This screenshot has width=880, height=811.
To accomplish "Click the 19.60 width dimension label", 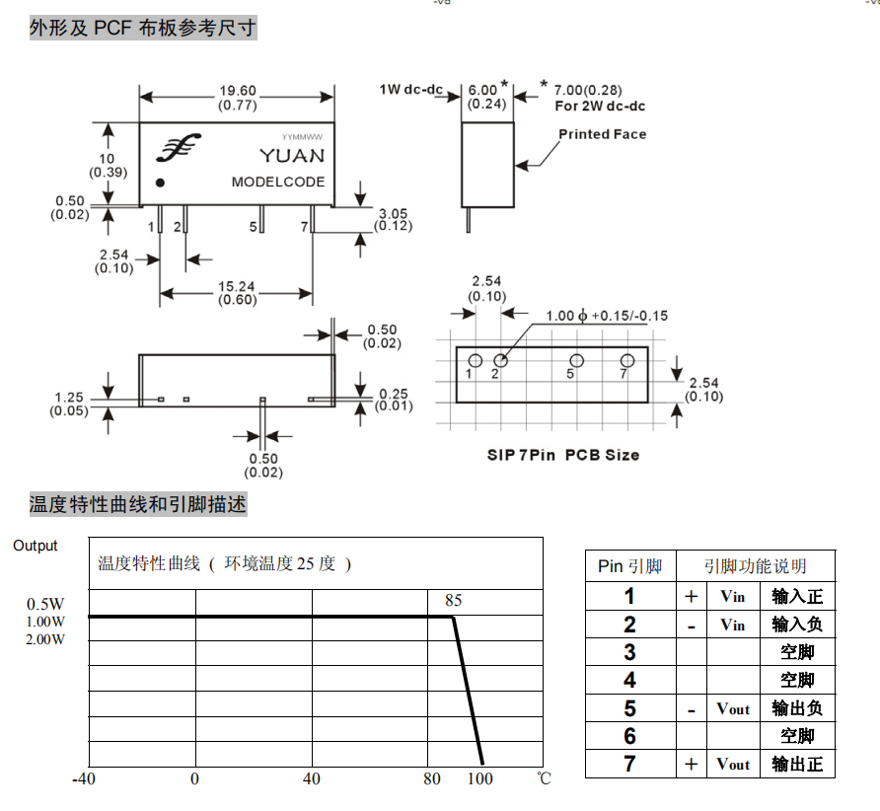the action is [x=238, y=91].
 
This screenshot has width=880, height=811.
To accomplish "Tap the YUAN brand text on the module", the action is [x=292, y=156].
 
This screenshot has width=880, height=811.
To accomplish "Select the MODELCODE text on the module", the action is [x=278, y=182].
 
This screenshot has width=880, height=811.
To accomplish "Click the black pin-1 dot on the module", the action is [x=160, y=183].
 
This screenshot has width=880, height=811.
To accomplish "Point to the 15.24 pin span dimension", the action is [x=236, y=287].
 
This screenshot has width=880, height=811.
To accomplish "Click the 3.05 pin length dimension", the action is [x=393, y=213].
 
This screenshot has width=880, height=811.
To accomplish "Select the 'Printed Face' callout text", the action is [x=602, y=134].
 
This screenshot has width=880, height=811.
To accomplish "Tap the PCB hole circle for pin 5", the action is [x=577, y=360].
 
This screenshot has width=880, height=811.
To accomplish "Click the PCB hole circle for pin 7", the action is [x=627, y=360].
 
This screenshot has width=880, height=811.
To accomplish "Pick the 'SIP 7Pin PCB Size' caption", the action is [x=563, y=455].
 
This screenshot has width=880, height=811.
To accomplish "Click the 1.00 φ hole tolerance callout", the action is [x=607, y=316].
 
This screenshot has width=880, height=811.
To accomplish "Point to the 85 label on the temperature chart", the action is [x=454, y=601].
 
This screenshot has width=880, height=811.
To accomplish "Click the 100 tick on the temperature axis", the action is [x=479, y=779].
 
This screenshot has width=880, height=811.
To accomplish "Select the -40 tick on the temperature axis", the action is [x=84, y=779].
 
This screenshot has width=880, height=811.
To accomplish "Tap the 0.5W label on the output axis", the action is [x=45, y=604].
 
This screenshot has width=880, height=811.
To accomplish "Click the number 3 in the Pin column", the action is [x=629, y=652].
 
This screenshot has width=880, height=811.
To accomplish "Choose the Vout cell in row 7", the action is [x=733, y=765].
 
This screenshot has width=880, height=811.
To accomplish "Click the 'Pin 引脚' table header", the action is [x=629, y=566].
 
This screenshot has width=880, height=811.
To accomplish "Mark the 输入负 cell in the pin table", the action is [x=797, y=625].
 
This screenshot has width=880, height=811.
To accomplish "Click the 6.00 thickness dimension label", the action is [x=482, y=90].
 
